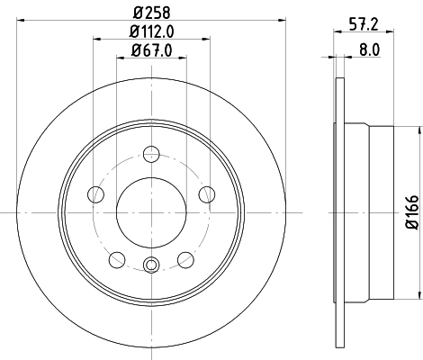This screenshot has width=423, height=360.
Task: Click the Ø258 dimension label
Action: coord(150,10)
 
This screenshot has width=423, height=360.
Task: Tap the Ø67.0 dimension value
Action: coord(150,50)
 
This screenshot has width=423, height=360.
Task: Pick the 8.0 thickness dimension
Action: coord(369,52)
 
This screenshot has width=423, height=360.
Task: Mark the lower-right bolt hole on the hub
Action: coord(185,259)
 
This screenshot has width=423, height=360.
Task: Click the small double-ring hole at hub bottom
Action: coord(151,265)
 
